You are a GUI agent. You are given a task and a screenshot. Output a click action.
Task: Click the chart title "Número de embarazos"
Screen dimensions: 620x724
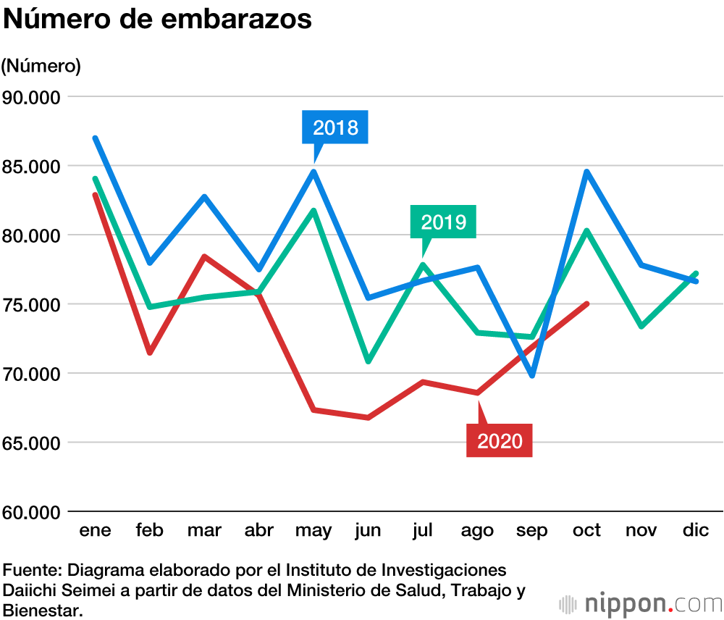[158, 20]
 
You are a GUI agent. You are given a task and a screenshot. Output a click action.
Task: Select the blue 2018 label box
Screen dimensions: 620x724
[335, 128]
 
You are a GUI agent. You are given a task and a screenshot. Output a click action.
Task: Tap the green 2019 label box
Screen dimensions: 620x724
[443, 222]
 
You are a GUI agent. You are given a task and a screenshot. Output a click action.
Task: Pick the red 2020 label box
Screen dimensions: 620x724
[500, 440]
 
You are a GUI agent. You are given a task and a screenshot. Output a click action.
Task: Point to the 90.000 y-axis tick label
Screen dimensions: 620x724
[32, 97]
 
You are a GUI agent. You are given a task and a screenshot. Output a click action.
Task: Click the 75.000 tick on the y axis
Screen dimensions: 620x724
[32, 305]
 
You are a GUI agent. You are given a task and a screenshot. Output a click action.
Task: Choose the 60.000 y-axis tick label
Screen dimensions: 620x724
[32, 513]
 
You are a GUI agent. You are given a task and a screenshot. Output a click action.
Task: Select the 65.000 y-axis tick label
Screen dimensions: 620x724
[32, 443]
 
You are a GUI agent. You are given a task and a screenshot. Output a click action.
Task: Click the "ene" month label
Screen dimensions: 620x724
[95, 531]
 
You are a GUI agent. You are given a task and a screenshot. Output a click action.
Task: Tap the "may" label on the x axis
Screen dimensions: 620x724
[313, 531]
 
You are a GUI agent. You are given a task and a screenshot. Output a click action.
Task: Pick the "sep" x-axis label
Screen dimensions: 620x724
[532, 531]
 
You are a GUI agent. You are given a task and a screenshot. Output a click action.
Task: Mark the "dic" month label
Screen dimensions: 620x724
[696, 531]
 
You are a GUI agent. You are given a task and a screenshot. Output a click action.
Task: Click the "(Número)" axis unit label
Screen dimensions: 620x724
[41, 66]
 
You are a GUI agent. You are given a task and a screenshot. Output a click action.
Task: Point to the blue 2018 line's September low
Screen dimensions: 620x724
[533, 376]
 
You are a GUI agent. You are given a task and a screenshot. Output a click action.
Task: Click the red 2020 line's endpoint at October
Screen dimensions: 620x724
[586, 303]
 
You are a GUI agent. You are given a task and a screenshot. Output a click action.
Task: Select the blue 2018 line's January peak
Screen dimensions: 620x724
[95, 138]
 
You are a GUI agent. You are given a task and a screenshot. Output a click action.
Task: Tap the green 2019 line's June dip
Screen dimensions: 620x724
[369, 361]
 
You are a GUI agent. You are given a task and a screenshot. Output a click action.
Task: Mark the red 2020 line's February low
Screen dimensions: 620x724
[150, 353]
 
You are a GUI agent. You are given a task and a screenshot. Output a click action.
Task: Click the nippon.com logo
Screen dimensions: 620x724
[640, 603]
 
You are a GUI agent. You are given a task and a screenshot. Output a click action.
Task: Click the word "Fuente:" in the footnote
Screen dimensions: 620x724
[29, 569]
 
